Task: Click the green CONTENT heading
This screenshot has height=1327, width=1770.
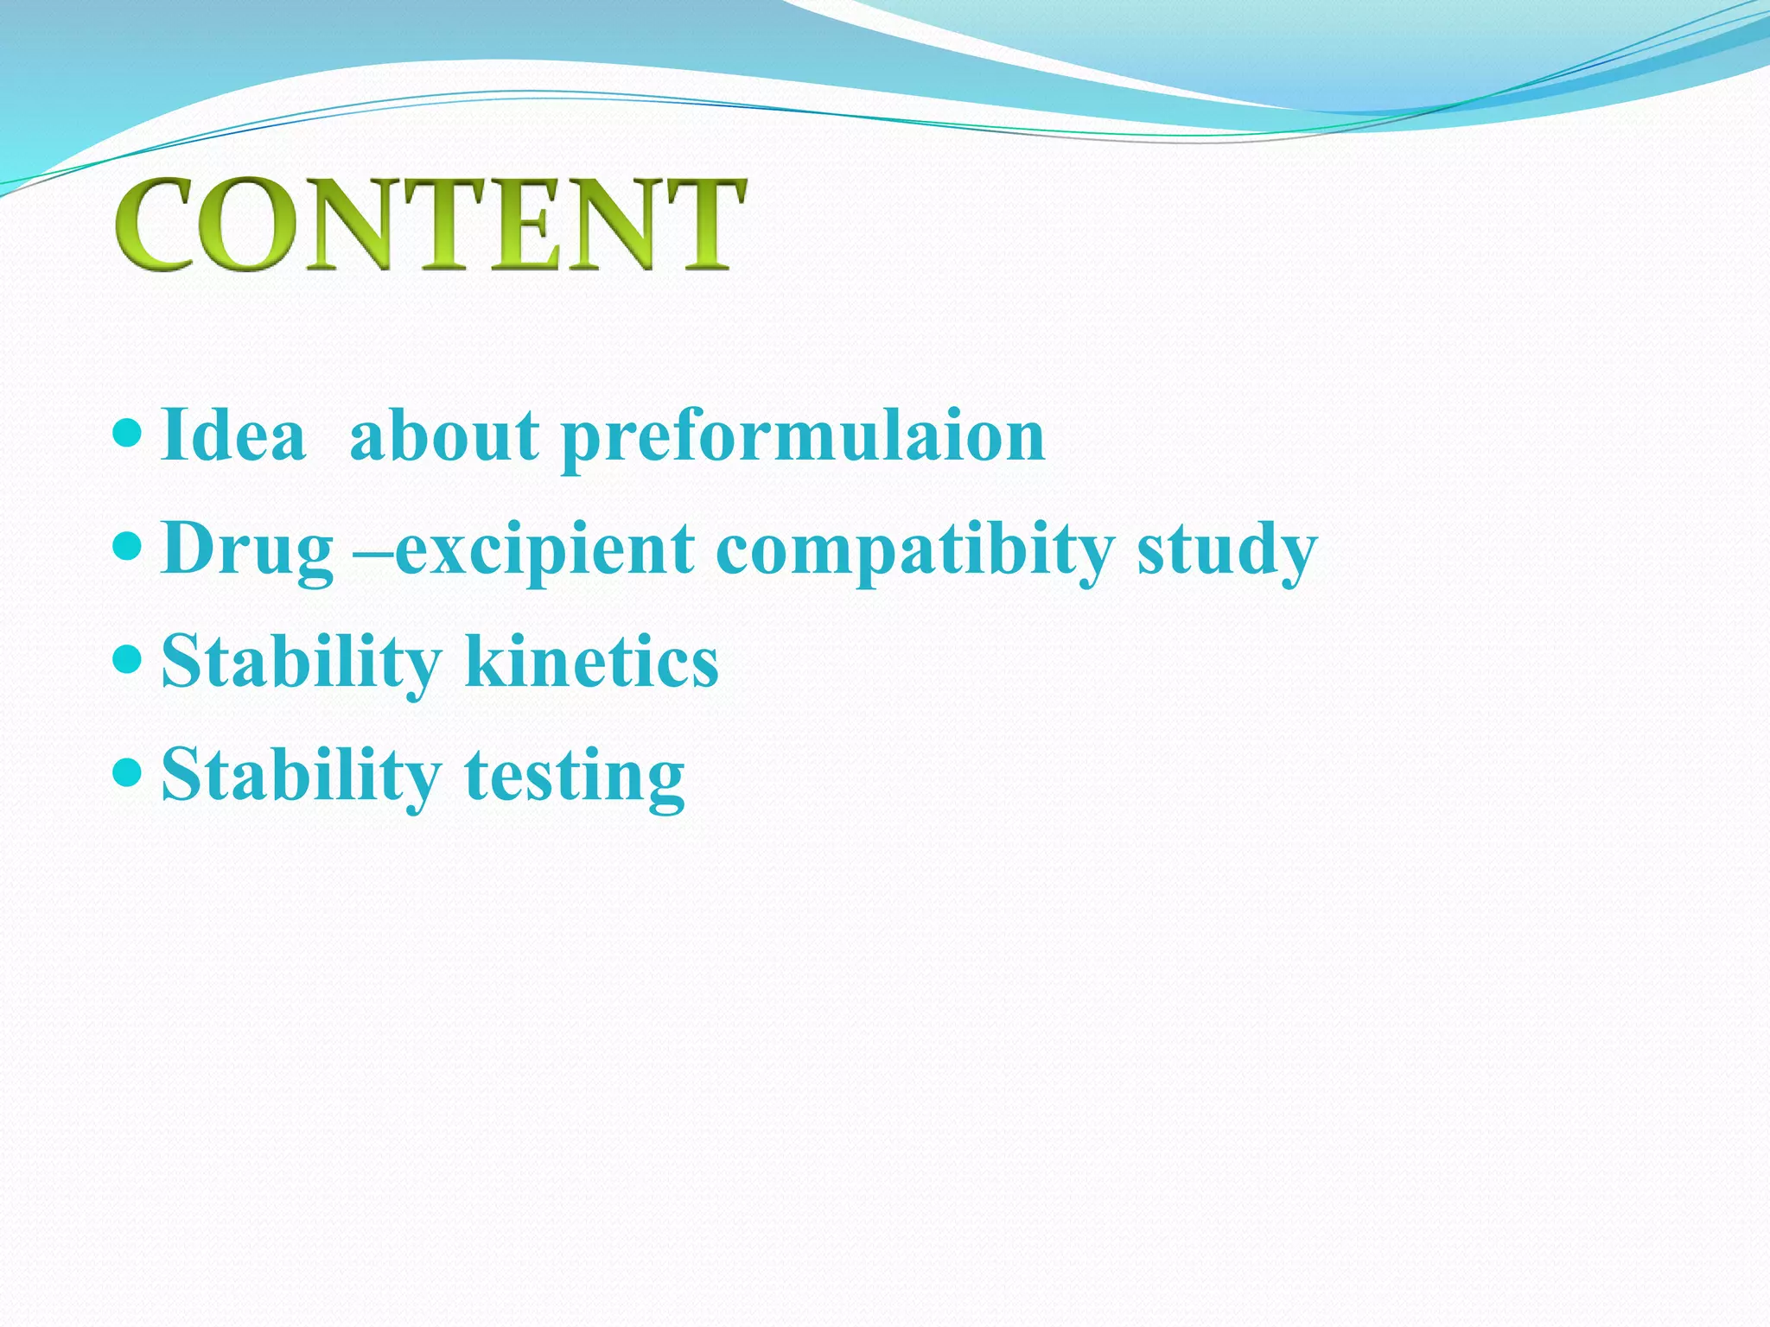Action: point(430,225)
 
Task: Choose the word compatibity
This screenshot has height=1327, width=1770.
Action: point(914,550)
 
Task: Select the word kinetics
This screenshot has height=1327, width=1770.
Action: point(591,662)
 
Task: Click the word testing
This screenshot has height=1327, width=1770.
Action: point(574,776)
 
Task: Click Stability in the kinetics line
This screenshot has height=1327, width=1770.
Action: point(301,662)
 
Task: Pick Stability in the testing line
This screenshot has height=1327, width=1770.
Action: point(301,776)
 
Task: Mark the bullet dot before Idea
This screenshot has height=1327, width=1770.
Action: point(126,432)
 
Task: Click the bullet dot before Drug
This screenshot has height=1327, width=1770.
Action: point(126,546)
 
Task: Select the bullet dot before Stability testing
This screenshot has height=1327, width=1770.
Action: point(126,772)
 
